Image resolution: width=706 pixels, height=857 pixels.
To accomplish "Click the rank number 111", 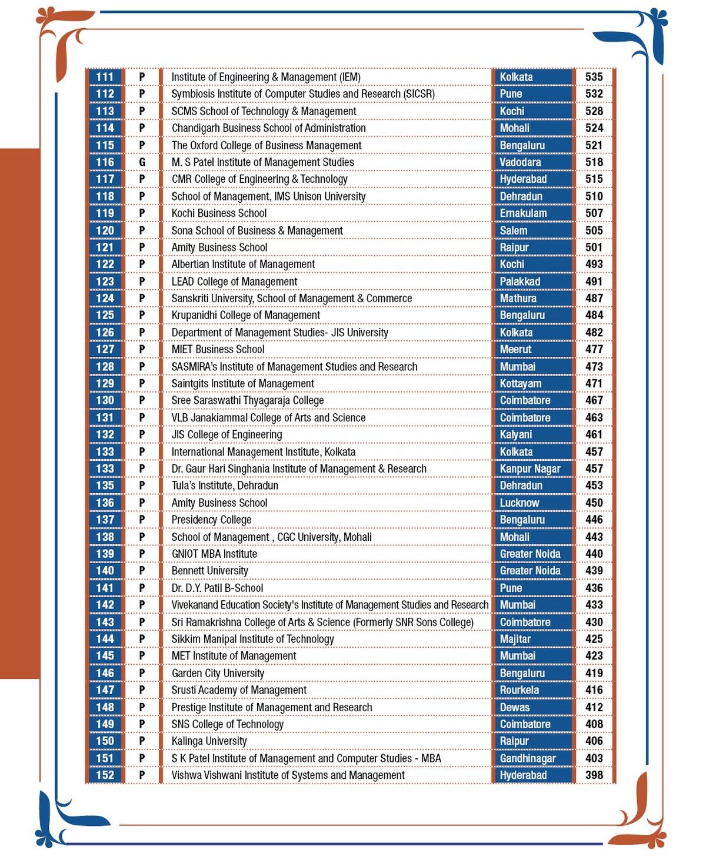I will pyautogui.click(x=105, y=77).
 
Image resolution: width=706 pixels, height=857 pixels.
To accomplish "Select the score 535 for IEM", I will pyautogui.click(x=594, y=77).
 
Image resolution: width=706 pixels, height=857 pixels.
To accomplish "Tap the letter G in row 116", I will pyautogui.click(x=142, y=162).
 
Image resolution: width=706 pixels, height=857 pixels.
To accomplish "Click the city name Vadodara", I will pyautogui.click(x=520, y=162).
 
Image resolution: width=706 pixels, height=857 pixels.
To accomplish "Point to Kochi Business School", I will pyautogui.click(x=219, y=213).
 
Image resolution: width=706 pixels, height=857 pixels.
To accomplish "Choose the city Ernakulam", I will pyautogui.click(x=523, y=213).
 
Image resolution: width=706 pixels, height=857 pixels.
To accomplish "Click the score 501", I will pyautogui.click(x=594, y=247).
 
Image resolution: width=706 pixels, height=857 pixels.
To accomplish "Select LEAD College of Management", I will pyautogui.click(x=234, y=282).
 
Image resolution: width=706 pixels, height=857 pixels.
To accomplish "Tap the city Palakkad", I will pyautogui.click(x=519, y=282).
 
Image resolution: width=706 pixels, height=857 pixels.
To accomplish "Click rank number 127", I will pyautogui.click(x=105, y=349).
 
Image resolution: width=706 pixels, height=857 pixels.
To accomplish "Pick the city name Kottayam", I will pyautogui.click(x=521, y=383).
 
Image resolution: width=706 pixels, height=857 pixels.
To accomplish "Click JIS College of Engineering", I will pyautogui.click(x=227, y=434).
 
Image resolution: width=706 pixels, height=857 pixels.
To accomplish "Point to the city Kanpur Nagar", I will pyautogui.click(x=530, y=468).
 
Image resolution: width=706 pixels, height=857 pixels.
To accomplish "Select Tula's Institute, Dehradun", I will pyautogui.click(x=225, y=486).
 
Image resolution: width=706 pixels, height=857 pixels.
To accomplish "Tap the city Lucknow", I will pyautogui.click(x=519, y=503).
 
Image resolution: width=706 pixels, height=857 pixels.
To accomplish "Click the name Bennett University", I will pyautogui.click(x=209, y=571).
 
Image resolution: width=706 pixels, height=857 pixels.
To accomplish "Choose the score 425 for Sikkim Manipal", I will pyautogui.click(x=594, y=639).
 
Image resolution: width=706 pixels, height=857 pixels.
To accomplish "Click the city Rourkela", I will pyautogui.click(x=519, y=690).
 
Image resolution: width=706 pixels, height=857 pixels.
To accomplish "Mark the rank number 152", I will pyautogui.click(x=105, y=775).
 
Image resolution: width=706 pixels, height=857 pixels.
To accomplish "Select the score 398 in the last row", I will pyautogui.click(x=594, y=775).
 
